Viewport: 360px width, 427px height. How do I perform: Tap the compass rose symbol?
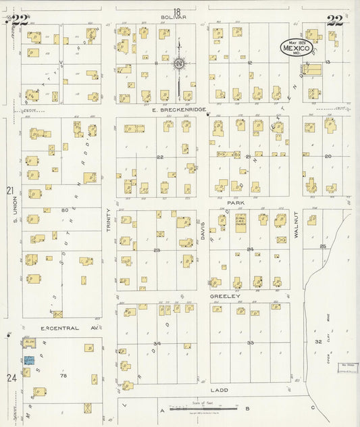179,64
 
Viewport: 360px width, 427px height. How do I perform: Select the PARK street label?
235,202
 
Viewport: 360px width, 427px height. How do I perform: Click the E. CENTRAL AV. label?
61,328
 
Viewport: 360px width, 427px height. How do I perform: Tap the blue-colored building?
28,361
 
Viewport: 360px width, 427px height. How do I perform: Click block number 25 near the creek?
322,246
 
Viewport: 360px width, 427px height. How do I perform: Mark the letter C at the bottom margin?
313,408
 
